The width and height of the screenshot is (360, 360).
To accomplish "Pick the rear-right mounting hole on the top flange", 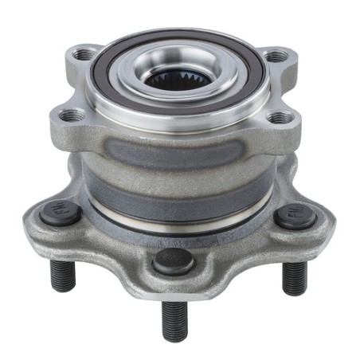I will pyautogui.click(x=275, y=56).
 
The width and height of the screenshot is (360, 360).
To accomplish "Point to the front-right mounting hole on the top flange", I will pyautogui.click(x=280, y=117).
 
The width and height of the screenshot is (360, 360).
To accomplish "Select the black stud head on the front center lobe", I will pyautogui.click(x=174, y=261).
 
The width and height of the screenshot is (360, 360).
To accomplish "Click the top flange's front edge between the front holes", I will pyautogui.click(x=177, y=137).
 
